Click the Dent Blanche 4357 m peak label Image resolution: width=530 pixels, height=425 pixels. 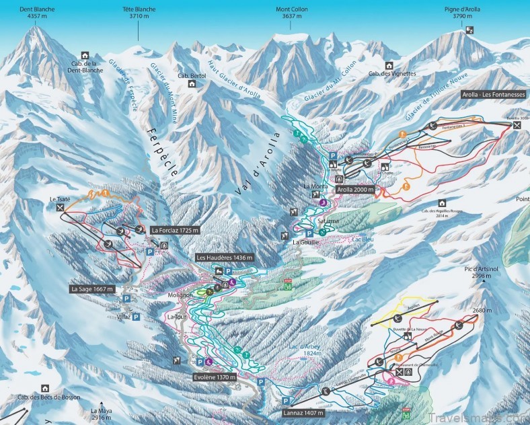click(38, 13)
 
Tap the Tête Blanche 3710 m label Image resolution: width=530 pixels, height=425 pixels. click(139, 13)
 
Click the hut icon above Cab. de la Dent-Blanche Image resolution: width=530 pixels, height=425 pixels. click(85, 55)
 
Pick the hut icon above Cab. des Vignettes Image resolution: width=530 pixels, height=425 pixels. click(389, 65)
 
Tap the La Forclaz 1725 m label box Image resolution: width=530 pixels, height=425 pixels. click(175, 231)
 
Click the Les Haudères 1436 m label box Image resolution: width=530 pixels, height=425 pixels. click(225, 258)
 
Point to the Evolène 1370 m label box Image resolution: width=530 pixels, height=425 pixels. click(215, 377)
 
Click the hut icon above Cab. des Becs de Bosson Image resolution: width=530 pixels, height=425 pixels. click(45, 388)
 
